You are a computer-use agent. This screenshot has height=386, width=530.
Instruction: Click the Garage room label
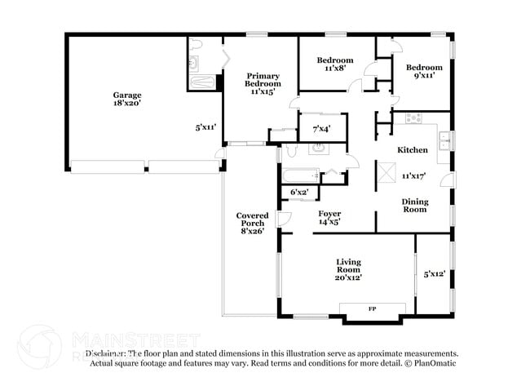pyautogui.click(x=127, y=95)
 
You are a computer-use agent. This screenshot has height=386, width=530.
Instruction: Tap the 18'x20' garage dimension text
pyautogui.click(x=127, y=104)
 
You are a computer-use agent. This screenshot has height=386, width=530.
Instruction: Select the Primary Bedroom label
pyautogui.click(x=263, y=78)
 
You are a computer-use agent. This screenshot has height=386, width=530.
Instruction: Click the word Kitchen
pyautogui.click(x=413, y=150)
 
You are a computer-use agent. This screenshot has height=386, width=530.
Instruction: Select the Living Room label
pyautogui.click(x=348, y=266)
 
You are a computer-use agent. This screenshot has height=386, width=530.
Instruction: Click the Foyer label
pyautogui.click(x=329, y=214)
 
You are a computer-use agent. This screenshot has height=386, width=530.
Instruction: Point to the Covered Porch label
pyautogui.click(x=252, y=220)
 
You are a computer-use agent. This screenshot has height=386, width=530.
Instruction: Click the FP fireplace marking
pyautogui.click(x=372, y=309)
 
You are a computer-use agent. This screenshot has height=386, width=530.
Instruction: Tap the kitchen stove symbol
pyautogui.click(x=414, y=118)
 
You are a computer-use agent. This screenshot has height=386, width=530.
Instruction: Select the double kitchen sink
pyautogui.click(x=444, y=142)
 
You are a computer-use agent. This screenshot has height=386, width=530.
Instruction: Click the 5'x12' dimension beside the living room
pyautogui.click(x=434, y=274)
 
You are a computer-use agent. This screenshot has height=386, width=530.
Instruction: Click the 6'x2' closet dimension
pyautogui.click(x=300, y=193)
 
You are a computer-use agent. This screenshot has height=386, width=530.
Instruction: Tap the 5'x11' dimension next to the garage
pyautogui.click(x=205, y=127)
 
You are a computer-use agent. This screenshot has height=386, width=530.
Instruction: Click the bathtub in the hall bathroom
pyautogui.click(x=299, y=175)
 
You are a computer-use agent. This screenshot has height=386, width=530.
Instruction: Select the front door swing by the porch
pyautogui.click(x=282, y=218)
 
